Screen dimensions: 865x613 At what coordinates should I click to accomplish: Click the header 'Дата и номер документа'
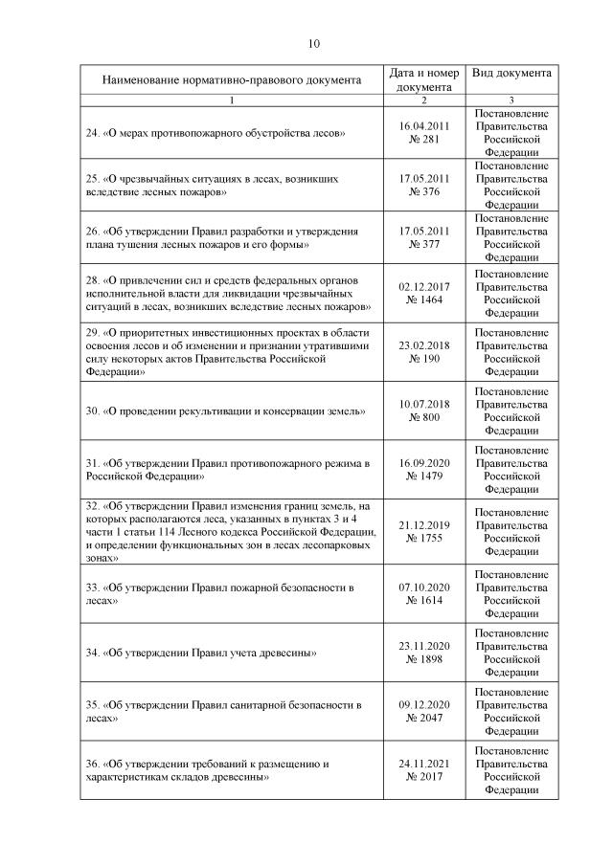(423, 80)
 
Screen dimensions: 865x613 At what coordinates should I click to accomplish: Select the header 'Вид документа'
(511, 73)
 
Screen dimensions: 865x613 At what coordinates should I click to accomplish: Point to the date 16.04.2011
(423, 124)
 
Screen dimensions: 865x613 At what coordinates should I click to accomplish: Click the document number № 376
(423, 192)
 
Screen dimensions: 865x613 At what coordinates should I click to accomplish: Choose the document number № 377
(423, 245)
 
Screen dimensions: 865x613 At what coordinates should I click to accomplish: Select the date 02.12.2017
(423, 285)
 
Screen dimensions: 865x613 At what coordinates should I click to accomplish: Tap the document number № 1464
(423, 299)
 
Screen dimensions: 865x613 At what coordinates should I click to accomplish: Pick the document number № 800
(423, 418)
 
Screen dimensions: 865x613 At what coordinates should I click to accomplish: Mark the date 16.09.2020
(423, 461)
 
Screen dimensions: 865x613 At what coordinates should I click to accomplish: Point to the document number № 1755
(423, 538)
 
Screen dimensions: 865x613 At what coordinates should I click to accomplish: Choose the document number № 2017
(423, 777)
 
